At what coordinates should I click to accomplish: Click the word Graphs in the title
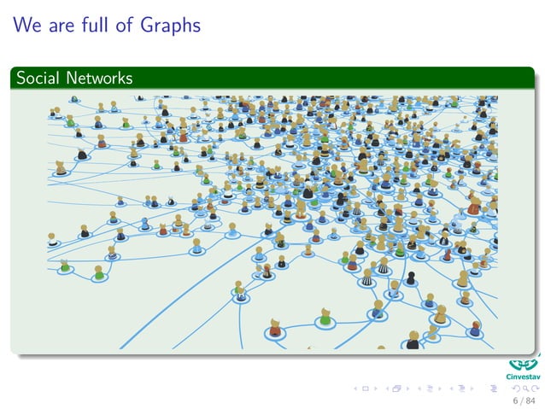click(x=171, y=26)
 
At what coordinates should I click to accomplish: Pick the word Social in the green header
click(x=37, y=79)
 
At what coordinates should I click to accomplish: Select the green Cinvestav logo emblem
click(x=522, y=362)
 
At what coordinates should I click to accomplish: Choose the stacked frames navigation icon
click(x=396, y=389)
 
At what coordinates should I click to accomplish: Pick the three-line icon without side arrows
click(x=497, y=389)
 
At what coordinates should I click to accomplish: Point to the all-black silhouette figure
click(x=410, y=278)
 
